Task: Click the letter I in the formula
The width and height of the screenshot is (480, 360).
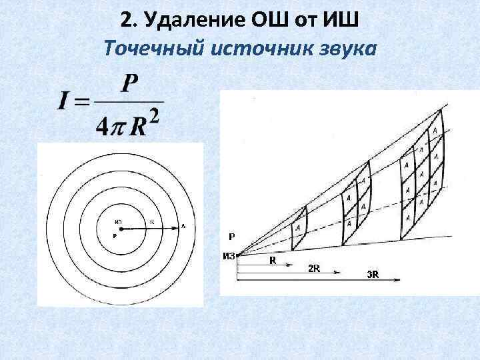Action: click(65, 101)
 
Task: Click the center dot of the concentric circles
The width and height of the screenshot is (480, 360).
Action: click(121, 228)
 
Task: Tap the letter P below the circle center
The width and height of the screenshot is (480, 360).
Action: click(115, 236)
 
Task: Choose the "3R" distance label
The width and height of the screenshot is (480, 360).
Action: click(373, 275)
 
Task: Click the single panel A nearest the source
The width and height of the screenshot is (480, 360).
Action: click(298, 227)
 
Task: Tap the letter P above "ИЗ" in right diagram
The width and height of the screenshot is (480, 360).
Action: click(231, 236)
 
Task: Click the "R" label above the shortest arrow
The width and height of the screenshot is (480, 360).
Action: click(272, 261)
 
